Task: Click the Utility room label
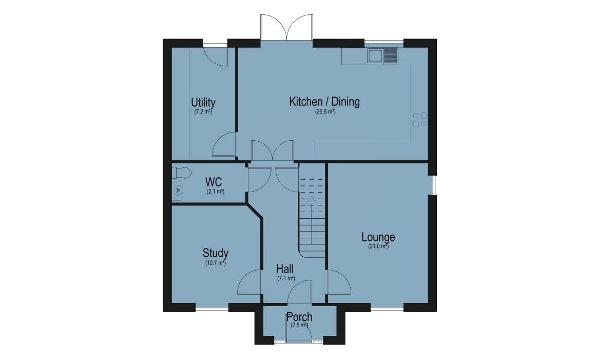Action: [x=203, y=103]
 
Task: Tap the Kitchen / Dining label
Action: [x=324, y=102]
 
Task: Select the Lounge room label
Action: [x=378, y=237]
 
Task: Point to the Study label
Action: [x=216, y=253]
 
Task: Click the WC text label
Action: [x=214, y=182]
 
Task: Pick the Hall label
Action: [x=285, y=269]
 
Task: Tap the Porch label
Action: [x=299, y=317]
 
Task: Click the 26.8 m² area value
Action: [x=325, y=112]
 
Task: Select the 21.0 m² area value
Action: [x=378, y=247]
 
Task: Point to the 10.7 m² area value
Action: [x=216, y=263]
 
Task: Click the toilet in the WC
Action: [x=182, y=173]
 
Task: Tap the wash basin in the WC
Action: [x=178, y=190]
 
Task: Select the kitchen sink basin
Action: [x=375, y=56]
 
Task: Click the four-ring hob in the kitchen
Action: [x=420, y=120]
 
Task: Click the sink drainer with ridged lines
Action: [x=391, y=56]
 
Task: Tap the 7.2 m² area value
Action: [x=203, y=112]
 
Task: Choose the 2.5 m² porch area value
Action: [x=299, y=326]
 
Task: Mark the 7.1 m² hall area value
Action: [x=286, y=278]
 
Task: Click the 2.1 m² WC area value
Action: [x=216, y=192]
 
